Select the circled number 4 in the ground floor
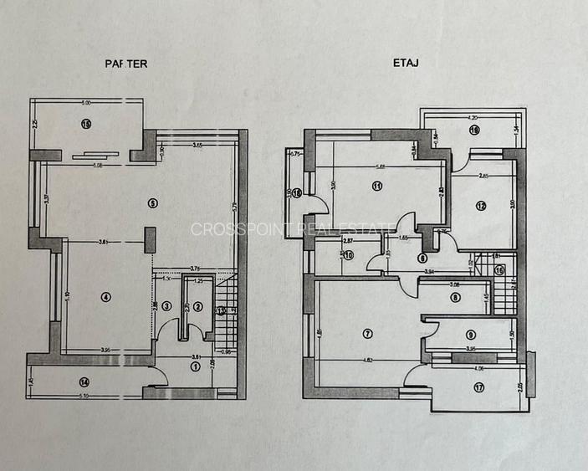point(106,296)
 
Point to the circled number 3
point(167,307)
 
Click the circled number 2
point(197,307)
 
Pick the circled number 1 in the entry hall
point(196,366)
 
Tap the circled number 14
point(84,382)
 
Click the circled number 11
point(377,186)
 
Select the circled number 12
point(481,206)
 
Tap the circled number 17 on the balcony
point(478,387)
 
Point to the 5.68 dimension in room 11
point(381,166)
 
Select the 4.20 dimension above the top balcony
point(473,118)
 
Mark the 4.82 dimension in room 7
point(366,361)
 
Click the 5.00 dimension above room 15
point(85,103)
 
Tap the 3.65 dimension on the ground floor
point(197,146)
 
